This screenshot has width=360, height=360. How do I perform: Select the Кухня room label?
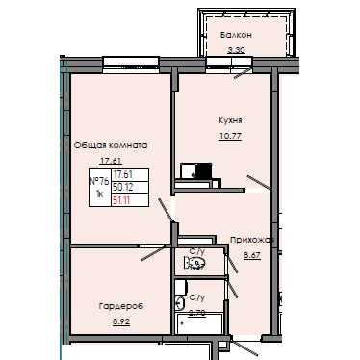[x=230, y=121]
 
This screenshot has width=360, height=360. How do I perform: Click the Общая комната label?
[x=110, y=145]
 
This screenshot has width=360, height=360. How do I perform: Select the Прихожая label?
[x=252, y=240]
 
